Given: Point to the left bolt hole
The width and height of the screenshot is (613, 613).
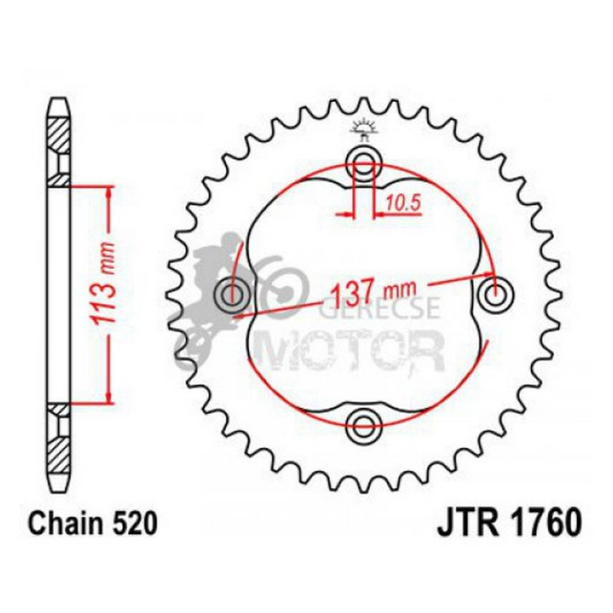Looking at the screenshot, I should [232, 295].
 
